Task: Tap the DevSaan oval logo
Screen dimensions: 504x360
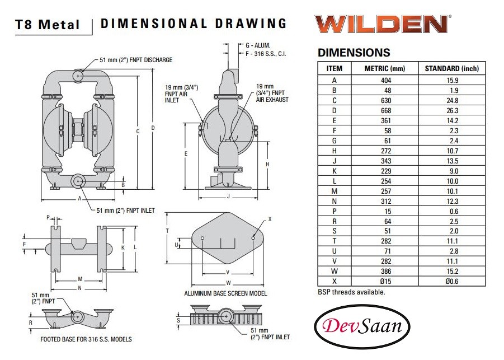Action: click(x=362, y=326)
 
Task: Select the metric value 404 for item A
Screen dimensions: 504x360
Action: click(x=386, y=81)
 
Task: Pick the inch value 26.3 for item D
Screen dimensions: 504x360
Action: click(x=452, y=111)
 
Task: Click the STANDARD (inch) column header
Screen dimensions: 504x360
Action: click(x=451, y=68)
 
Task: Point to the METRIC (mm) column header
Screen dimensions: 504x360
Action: click(x=385, y=68)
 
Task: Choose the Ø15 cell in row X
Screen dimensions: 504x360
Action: click(x=386, y=282)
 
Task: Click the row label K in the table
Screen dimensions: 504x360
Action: click(x=335, y=171)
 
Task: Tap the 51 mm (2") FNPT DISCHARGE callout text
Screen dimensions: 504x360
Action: click(x=136, y=60)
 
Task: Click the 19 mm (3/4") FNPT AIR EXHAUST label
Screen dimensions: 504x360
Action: click(x=272, y=93)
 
